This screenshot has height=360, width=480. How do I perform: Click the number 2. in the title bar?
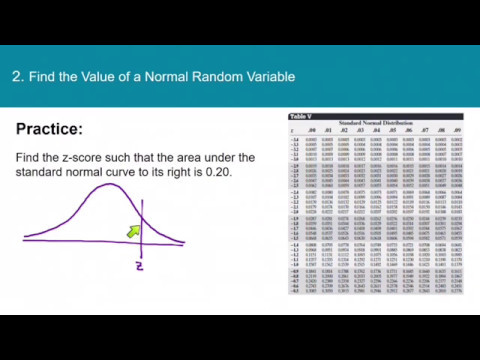coord(16,76)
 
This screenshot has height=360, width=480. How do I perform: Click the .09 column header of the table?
coord(457,129)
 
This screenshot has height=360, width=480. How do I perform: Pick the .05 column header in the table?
coord(393,129)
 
